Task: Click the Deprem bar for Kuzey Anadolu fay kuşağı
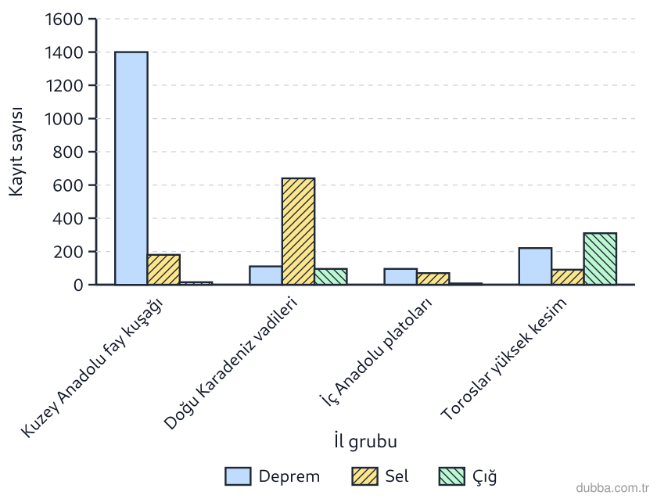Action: [x=131, y=168]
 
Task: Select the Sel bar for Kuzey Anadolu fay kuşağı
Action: [x=163, y=269]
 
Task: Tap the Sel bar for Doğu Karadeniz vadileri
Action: [x=298, y=232]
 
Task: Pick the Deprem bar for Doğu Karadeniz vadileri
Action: [x=266, y=275]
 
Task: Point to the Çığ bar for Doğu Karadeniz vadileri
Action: [x=331, y=277]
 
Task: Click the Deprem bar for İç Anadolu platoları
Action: [x=400, y=277]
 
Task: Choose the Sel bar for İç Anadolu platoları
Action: [x=433, y=278]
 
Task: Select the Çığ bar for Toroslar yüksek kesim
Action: [x=600, y=259]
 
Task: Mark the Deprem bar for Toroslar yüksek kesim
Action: [x=535, y=266]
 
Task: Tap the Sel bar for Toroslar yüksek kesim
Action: [x=568, y=277]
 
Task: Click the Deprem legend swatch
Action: [x=238, y=476]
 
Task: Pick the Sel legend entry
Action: [x=380, y=476]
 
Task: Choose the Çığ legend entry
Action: [x=468, y=476]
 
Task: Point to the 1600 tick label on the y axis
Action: [x=63, y=20]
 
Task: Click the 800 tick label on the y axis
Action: [x=68, y=152]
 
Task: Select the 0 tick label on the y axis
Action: [x=78, y=285]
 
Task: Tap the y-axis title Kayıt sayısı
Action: [x=16, y=152]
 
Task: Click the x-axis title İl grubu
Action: [x=365, y=442]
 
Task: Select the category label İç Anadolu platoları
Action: [x=376, y=352]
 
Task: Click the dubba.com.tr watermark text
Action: [x=612, y=488]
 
